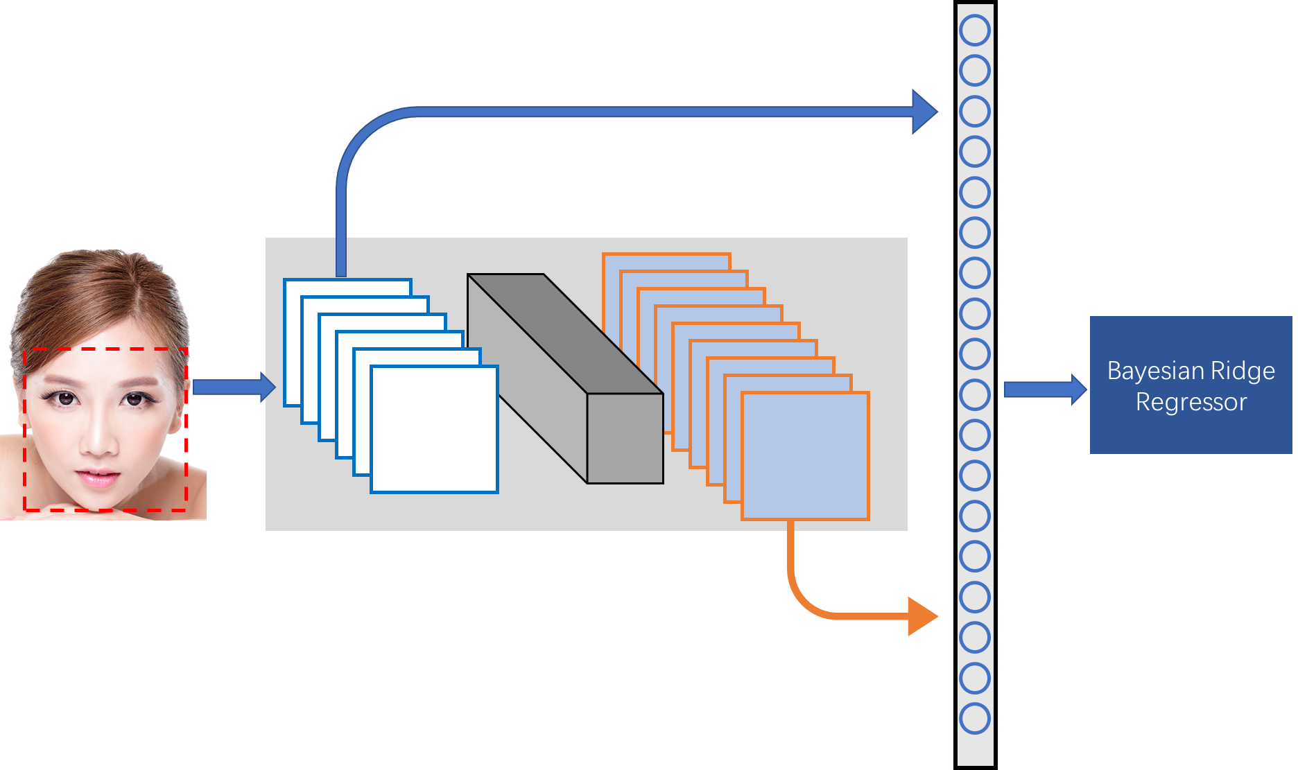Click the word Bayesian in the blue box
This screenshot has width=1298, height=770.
point(1151,371)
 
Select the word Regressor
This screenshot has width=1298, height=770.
point(1191,402)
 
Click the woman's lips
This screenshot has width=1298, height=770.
point(98,478)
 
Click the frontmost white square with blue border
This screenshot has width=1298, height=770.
point(435,430)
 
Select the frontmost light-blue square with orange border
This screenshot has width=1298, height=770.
point(805,456)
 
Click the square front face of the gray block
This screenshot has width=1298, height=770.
point(625,439)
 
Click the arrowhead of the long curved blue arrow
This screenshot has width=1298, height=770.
point(925,112)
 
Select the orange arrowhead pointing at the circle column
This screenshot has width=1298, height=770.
point(922,616)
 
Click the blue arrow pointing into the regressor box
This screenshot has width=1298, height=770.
point(1044,390)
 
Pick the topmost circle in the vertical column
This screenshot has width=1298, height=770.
point(975,30)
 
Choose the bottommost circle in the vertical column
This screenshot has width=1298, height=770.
point(975,719)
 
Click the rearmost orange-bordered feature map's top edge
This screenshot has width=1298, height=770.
point(666,254)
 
